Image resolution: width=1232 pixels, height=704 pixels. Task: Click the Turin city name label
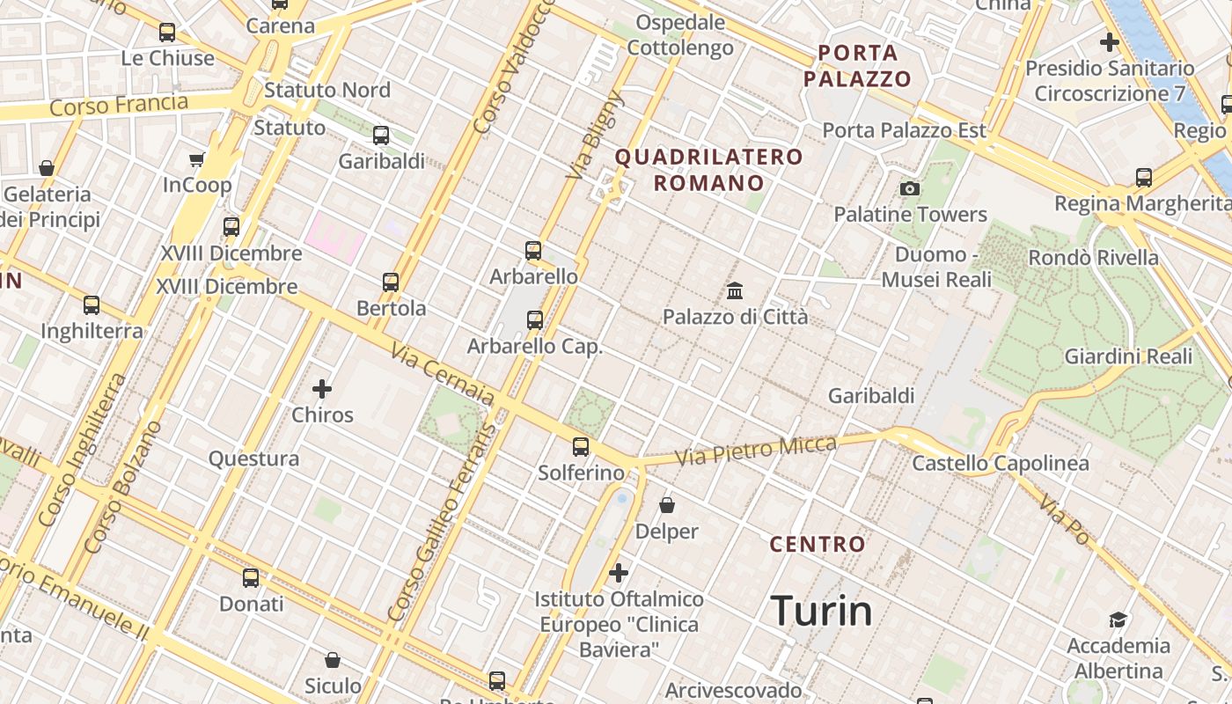pyautogui.click(x=821, y=611)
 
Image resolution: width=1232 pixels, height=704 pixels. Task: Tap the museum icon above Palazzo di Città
pyautogui.click(x=735, y=290)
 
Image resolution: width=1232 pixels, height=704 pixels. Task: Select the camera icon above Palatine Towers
pyautogui.click(x=910, y=188)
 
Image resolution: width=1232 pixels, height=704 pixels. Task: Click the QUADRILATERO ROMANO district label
pyautogui.click(x=708, y=170)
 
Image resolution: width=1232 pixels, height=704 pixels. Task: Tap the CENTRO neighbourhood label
pyautogui.click(x=818, y=544)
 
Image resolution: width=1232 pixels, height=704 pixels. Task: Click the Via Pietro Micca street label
pyautogui.click(x=755, y=451)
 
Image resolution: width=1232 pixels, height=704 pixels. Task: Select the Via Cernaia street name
pyautogui.click(x=443, y=376)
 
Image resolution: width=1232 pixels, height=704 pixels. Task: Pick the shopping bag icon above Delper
pyautogui.click(x=667, y=505)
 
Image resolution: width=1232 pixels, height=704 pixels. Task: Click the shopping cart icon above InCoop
pyautogui.click(x=197, y=159)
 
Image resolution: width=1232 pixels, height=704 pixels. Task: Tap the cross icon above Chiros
pyautogui.click(x=322, y=388)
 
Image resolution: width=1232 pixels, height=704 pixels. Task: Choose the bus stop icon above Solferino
pyautogui.click(x=581, y=446)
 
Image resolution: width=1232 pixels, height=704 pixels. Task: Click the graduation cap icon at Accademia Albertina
pyautogui.click(x=1118, y=620)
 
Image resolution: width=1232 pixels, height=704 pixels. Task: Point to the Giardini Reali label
pyautogui.click(x=1128, y=356)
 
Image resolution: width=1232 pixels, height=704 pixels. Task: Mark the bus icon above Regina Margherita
pyautogui.click(x=1144, y=178)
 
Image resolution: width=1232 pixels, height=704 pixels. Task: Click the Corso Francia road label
pyautogui.click(x=119, y=106)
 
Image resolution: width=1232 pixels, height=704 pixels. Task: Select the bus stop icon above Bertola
pyautogui.click(x=391, y=282)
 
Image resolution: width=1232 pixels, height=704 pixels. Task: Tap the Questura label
pyautogui.click(x=253, y=458)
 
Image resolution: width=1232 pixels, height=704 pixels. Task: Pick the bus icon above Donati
pyautogui.click(x=251, y=578)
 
